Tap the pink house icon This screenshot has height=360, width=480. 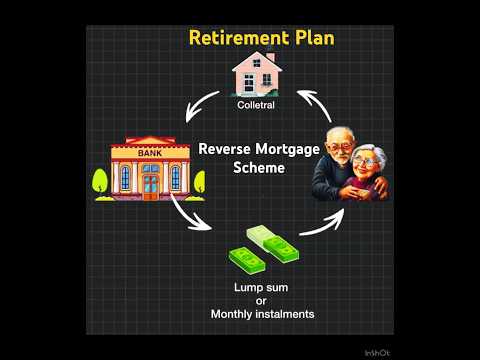(x=256, y=75)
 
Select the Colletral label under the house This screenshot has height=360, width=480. (x=255, y=104)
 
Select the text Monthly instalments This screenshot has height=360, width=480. (x=263, y=314)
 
